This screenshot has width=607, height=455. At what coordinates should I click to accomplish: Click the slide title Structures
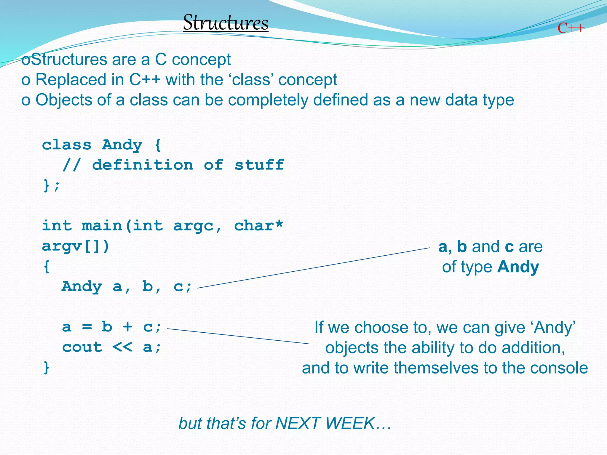pos(226,23)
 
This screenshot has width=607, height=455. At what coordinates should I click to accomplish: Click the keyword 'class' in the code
pos(67,145)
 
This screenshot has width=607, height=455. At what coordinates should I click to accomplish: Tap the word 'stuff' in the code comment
pos(259,165)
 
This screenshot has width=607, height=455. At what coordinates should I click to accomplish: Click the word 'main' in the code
pos(102,226)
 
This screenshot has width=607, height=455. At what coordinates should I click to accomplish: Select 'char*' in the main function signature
pos(258,226)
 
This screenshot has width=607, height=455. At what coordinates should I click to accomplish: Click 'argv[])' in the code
pos(76,246)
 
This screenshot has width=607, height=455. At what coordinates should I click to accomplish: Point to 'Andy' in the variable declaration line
pos(82,286)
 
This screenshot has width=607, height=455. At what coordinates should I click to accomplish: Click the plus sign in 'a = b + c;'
pos(127,327)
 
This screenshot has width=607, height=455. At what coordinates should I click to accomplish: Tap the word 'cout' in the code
pos(82,347)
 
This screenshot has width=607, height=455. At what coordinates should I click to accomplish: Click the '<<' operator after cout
pos(122,347)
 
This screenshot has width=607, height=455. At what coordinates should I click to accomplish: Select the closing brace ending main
pos(46,368)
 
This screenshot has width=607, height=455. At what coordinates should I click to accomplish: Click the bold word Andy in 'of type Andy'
pos(518,267)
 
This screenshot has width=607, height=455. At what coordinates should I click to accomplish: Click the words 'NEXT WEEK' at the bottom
pos(325,423)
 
